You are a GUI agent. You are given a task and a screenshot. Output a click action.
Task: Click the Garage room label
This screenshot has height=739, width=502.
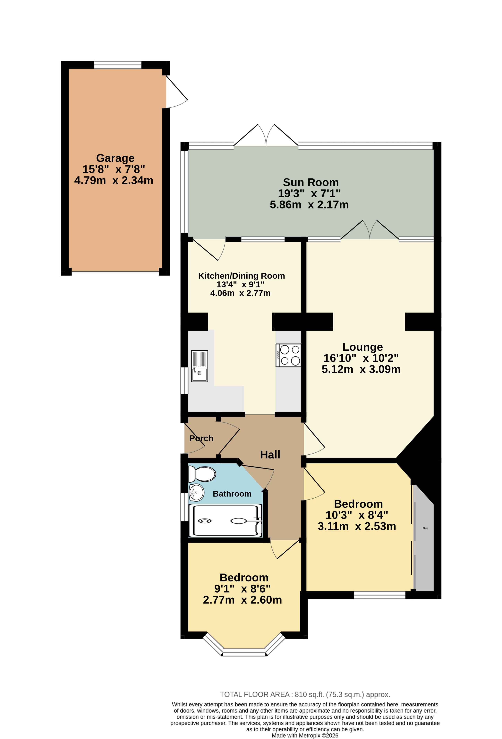tap(115, 158)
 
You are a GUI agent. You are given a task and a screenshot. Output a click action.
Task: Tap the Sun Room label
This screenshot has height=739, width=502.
tap(311, 182)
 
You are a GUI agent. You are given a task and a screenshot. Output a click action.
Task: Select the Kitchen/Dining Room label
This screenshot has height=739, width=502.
tap(241, 276)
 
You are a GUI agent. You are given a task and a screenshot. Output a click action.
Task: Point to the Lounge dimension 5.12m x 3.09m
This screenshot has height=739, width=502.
tap(361, 369)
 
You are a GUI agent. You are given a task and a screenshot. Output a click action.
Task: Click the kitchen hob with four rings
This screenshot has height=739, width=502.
tap(288, 355)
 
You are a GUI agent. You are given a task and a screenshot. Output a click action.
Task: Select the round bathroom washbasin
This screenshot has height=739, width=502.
tap(196, 493)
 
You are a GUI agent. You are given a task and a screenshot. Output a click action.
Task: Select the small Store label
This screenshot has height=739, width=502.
tap(425, 528)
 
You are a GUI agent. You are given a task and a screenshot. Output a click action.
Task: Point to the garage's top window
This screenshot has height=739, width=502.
tap(118, 64)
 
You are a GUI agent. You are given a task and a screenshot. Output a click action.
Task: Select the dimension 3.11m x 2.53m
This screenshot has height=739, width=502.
tap(357, 526)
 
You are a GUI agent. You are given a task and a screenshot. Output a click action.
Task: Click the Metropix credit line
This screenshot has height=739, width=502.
tap(305, 735)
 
